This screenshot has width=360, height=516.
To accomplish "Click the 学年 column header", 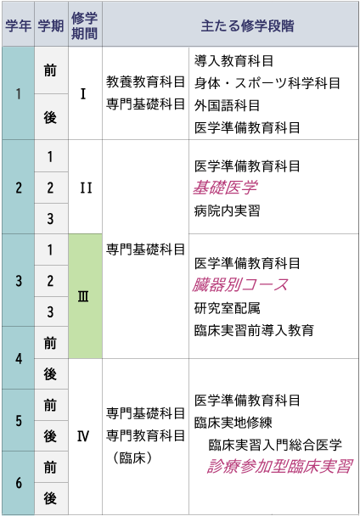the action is (x=18, y=25).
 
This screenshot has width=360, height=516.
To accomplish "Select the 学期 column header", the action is (x=51, y=25).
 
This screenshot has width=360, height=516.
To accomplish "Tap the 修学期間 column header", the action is (x=85, y=25).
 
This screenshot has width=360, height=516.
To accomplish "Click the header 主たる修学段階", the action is (x=247, y=25).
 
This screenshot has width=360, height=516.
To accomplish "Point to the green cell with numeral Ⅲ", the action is (x=85, y=296).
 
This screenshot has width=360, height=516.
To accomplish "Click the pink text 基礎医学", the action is (x=225, y=188).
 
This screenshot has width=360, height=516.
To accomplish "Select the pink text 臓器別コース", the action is (x=240, y=285).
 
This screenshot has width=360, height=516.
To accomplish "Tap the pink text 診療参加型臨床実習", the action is (x=280, y=466).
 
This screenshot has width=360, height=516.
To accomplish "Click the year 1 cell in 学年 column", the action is (x=18, y=93).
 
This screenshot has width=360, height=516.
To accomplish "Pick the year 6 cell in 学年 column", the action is (x=19, y=482).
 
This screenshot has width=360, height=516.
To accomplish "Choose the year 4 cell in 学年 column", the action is (x=19, y=358).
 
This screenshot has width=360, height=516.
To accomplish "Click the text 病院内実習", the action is (x=228, y=210).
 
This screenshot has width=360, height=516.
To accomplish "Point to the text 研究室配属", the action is (x=228, y=308).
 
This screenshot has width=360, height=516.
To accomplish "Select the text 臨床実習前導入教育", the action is (x=254, y=330).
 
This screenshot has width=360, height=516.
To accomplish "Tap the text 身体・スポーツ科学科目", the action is (x=267, y=83).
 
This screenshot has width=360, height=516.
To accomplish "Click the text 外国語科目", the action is (x=228, y=105).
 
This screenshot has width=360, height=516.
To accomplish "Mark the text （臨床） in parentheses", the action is (x=132, y=457).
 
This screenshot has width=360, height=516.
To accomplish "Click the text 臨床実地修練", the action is (x=233, y=423).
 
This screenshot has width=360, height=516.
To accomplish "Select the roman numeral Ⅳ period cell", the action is (x=85, y=436).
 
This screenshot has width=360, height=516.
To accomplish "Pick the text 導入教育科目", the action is (x=233, y=61).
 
